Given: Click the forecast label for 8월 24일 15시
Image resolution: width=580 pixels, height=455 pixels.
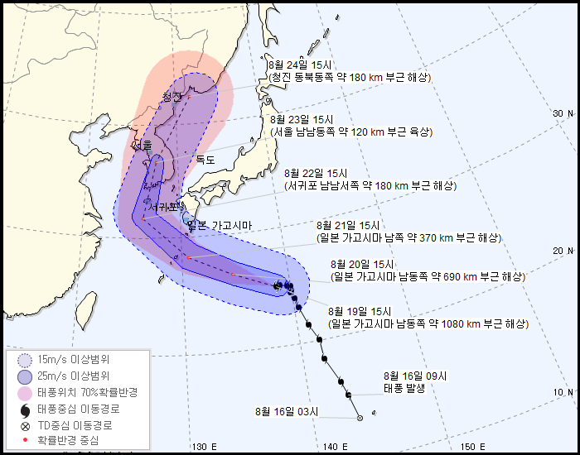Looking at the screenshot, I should [x=301, y=65].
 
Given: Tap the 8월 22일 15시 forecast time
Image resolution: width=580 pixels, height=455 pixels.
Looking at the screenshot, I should [x=315, y=173].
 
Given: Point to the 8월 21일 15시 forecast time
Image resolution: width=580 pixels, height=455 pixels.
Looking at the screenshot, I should [x=348, y=225].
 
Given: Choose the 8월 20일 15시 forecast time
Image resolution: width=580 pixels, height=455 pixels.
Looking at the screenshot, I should [x=361, y=264].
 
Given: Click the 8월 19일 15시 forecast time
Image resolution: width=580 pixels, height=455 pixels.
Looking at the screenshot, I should [x=360, y=311].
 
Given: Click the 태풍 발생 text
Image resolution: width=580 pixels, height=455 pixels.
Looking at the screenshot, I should [x=404, y=387].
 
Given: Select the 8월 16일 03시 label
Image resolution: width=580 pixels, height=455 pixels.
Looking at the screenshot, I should [x=287, y=411].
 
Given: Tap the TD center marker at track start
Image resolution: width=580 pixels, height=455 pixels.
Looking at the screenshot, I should [x=360, y=419].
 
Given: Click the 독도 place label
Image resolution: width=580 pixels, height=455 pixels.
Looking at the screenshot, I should [x=205, y=160].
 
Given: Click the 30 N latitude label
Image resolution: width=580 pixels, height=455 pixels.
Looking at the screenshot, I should [x=563, y=113].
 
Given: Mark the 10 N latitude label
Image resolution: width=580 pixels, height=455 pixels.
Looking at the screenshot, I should [x=563, y=392].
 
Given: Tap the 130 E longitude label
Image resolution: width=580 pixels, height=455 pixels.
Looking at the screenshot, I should [x=204, y=447].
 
